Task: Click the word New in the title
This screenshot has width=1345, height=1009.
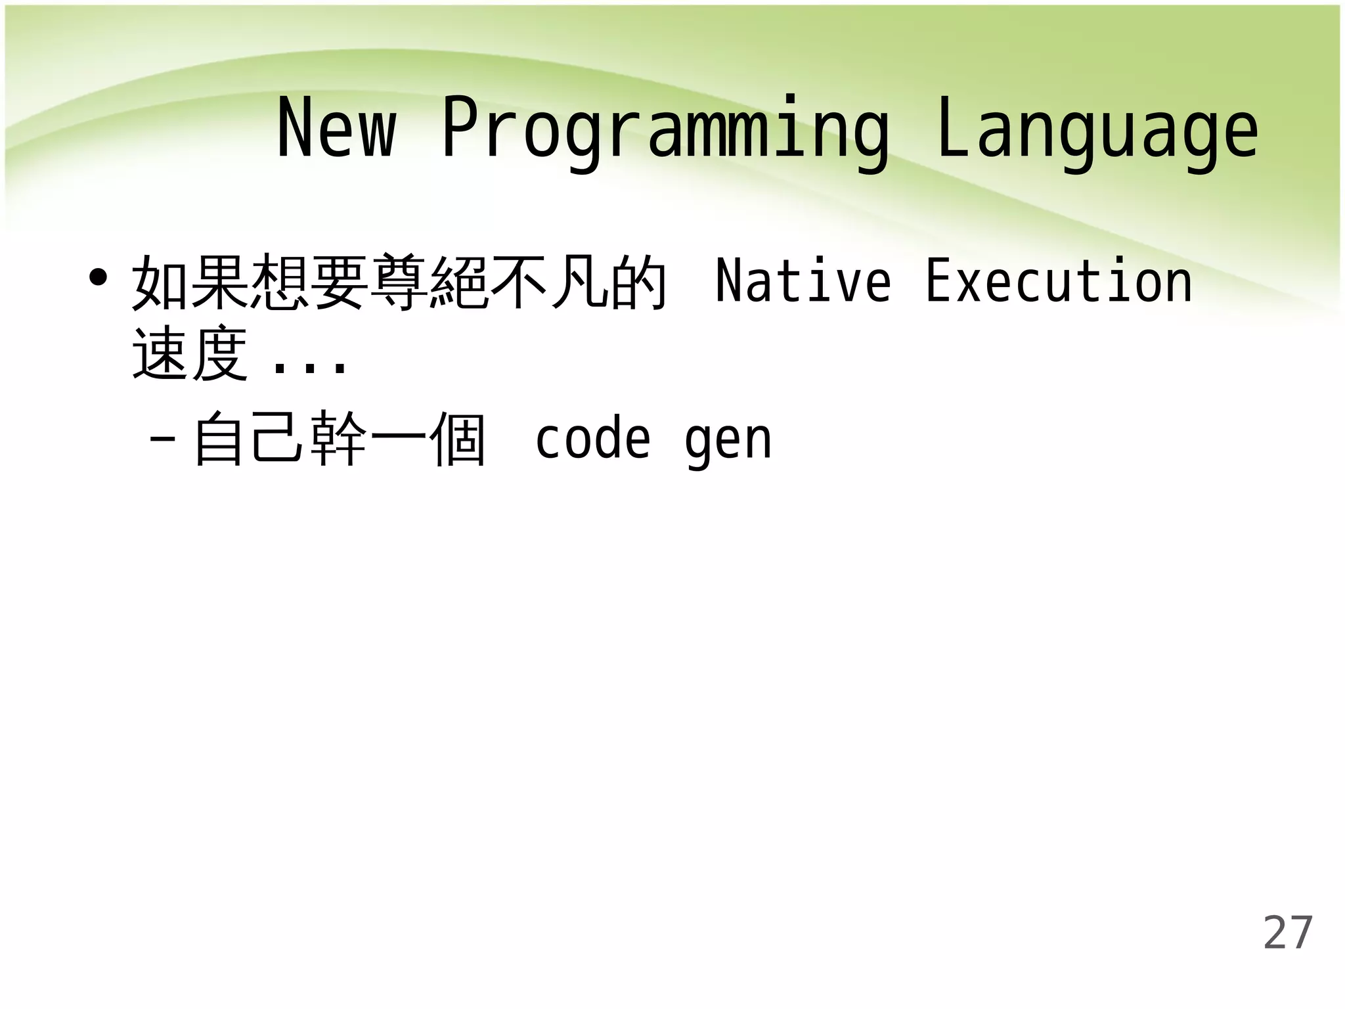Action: pyautogui.click(x=336, y=128)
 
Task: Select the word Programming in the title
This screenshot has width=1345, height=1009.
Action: pyautogui.click(x=665, y=131)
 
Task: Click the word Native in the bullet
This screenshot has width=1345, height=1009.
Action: pyautogui.click(x=803, y=281)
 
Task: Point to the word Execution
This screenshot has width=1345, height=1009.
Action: pyautogui.click(x=1059, y=281)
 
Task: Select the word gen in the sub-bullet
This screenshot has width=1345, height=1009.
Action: pyautogui.click(x=728, y=441)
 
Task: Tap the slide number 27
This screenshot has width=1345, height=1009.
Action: pyautogui.click(x=1288, y=932)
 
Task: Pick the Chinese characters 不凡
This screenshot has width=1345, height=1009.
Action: pyautogui.click(x=549, y=282)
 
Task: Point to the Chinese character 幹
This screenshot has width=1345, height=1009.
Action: pyautogui.click(x=339, y=439)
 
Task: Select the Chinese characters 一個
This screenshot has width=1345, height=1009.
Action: pyautogui.click(x=428, y=439)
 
